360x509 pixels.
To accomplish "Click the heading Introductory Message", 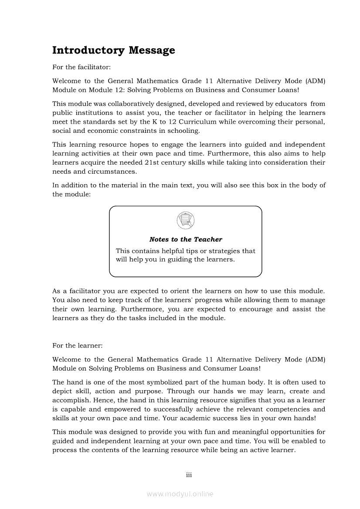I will point(113,51).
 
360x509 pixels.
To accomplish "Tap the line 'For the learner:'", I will point(77,346).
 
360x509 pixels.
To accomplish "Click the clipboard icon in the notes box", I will point(185,220).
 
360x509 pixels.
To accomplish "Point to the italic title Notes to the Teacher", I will point(185,239).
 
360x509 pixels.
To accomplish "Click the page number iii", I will point(189,475).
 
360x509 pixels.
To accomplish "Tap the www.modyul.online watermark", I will point(180,494).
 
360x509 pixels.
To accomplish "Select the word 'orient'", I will point(180,291).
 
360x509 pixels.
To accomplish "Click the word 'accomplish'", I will point(69,401).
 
